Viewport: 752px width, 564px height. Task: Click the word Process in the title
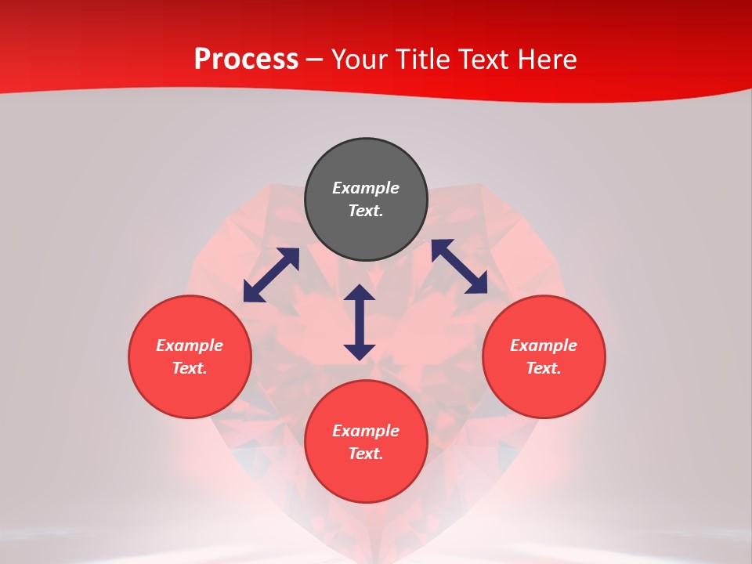tap(246, 60)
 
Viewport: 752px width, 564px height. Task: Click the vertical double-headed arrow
tap(360, 323)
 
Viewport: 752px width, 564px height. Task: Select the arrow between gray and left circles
tap(271, 275)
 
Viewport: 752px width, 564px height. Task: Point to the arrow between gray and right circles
tap(459, 266)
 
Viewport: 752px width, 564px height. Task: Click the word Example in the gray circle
tap(366, 188)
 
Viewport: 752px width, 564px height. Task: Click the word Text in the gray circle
tap(366, 211)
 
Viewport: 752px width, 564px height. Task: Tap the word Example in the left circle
tap(190, 345)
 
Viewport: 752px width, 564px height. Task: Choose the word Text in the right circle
tap(544, 368)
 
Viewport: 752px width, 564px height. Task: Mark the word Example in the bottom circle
tap(366, 431)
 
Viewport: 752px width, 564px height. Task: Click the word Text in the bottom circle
tap(366, 454)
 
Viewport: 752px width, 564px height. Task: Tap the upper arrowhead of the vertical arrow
tap(360, 293)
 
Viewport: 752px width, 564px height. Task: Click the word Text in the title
tap(483, 60)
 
